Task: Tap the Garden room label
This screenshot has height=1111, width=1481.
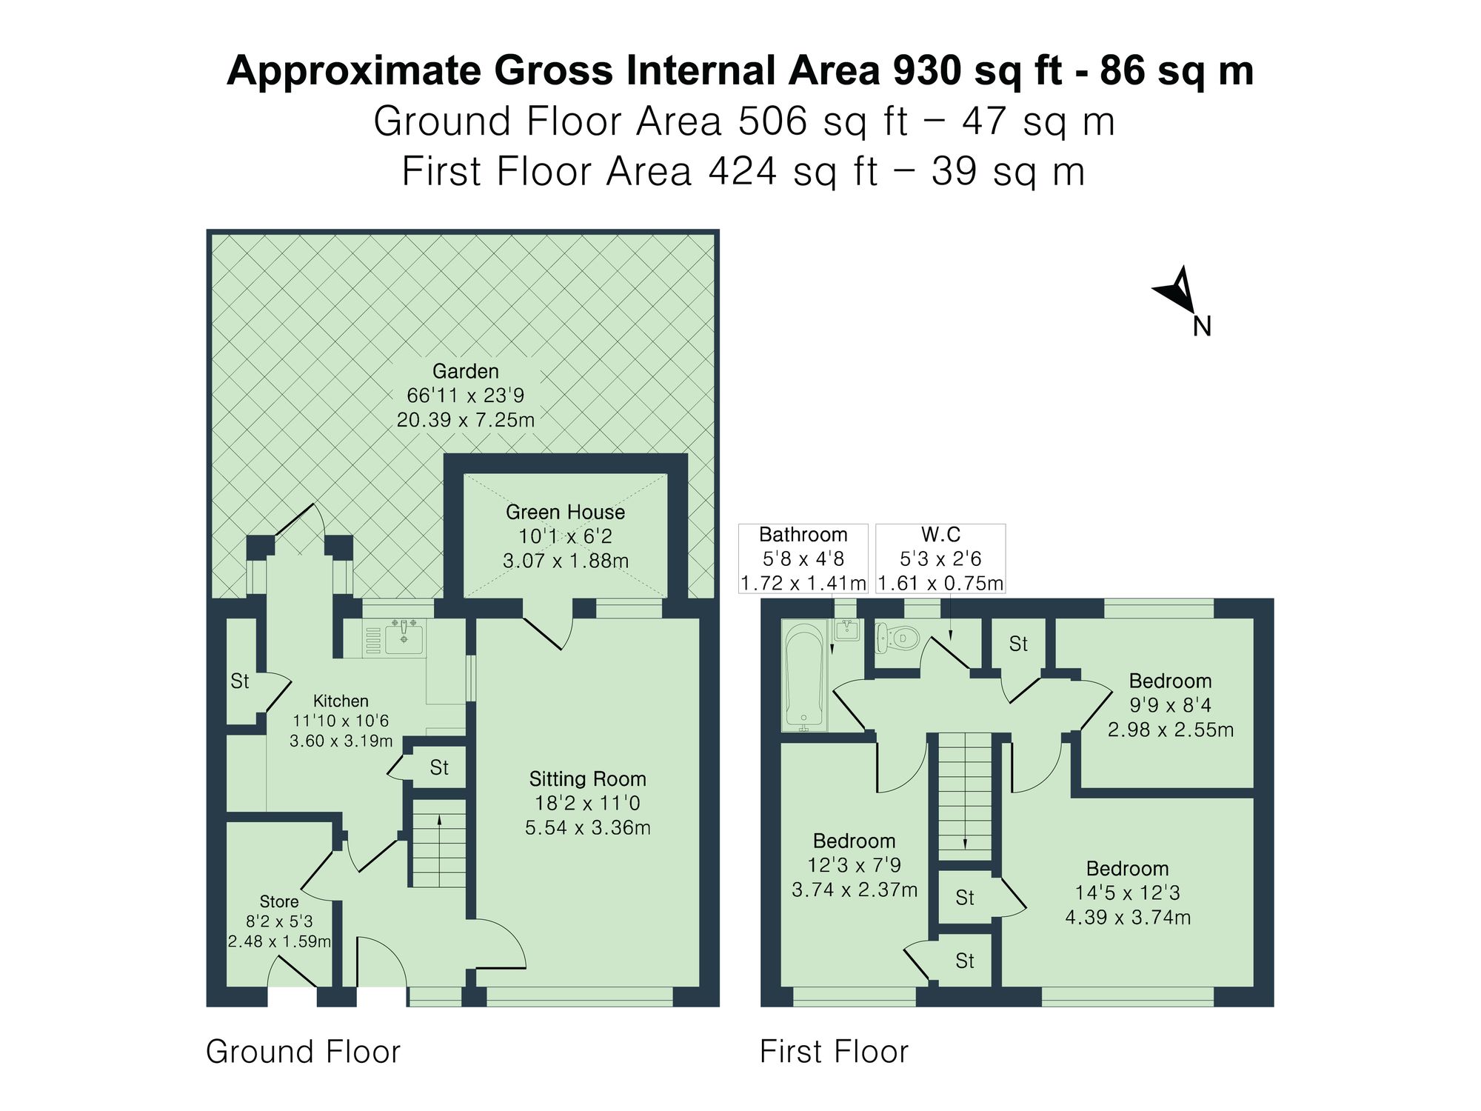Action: pos(465,371)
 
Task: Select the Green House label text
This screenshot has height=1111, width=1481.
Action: pos(565,512)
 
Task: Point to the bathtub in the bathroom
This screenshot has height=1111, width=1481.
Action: pos(804,674)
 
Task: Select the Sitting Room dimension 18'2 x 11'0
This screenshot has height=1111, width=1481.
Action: pos(587,803)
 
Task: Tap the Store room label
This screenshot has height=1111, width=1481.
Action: pos(279,901)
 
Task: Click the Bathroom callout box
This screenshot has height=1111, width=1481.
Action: pos(803,558)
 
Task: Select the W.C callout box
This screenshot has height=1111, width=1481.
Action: pos(940,558)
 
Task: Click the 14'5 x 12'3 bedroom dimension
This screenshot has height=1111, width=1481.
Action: pos(1127,893)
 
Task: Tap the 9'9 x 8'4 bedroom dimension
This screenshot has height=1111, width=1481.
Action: pos(1170,705)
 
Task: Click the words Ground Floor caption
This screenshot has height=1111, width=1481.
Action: pos(303,1052)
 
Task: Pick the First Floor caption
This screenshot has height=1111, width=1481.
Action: pos(834,1052)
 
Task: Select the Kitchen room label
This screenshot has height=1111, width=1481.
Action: pos(341,701)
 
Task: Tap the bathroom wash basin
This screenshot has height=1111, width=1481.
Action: pos(847,630)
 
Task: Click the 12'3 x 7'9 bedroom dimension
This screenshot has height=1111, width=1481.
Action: pos(854,865)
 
